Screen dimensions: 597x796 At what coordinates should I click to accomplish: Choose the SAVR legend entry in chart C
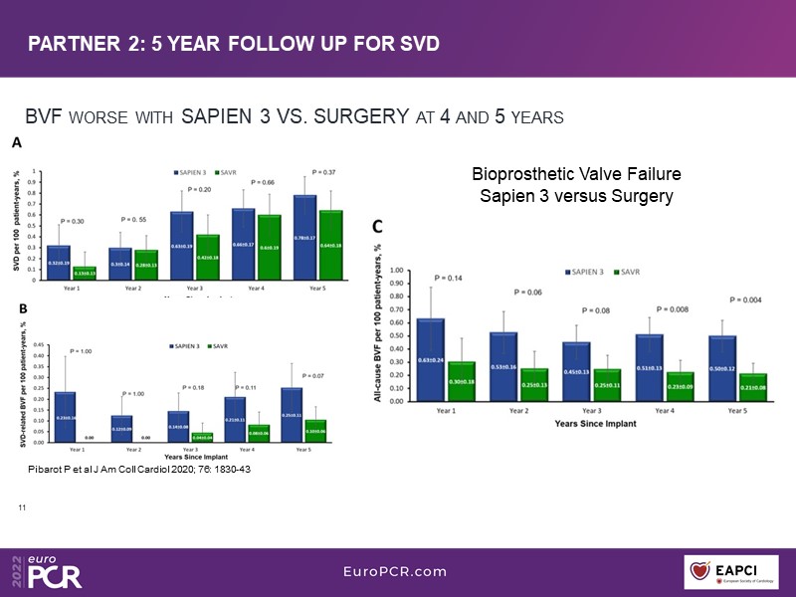coord(627,271)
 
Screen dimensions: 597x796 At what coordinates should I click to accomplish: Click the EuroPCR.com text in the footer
coord(394,572)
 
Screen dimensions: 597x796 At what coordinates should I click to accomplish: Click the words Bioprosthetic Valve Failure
coord(576,175)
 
